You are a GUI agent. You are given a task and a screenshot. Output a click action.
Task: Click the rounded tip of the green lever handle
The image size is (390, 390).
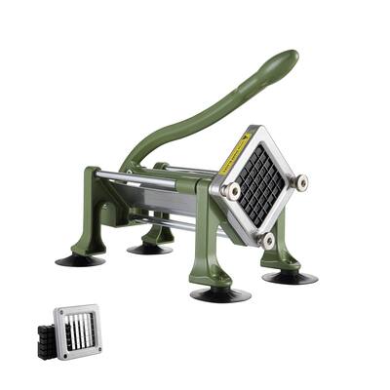284,60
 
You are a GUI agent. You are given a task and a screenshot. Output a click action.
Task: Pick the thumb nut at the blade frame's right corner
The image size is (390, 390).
300,181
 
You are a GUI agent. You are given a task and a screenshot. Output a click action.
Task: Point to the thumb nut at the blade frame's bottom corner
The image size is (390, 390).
265,238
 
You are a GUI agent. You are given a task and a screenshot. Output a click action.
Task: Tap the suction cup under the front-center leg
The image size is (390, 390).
219,293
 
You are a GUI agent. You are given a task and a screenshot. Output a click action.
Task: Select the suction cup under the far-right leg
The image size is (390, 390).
290,276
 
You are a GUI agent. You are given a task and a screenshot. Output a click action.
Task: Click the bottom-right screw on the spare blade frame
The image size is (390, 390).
96,353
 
